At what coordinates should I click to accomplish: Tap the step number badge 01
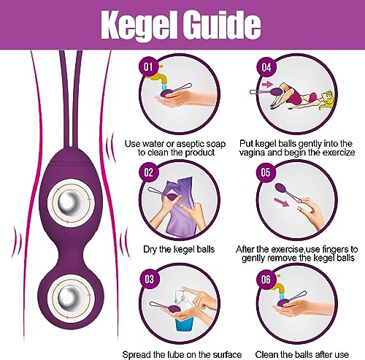[x=149, y=66]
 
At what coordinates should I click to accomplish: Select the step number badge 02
[x=149, y=172]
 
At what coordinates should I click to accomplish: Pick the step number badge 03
[x=150, y=279]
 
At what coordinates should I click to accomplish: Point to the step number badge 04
[x=266, y=66]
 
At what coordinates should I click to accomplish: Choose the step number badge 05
[x=266, y=172]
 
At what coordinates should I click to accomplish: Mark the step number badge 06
[x=266, y=279]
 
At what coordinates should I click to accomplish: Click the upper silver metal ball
[x=71, y=202]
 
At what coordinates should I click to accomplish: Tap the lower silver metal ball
[x=71, y=297]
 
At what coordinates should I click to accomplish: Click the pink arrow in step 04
[x=267, y=85]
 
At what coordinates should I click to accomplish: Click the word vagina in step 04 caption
[x=252, y=153]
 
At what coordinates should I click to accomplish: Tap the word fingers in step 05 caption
[x=335, y=250]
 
